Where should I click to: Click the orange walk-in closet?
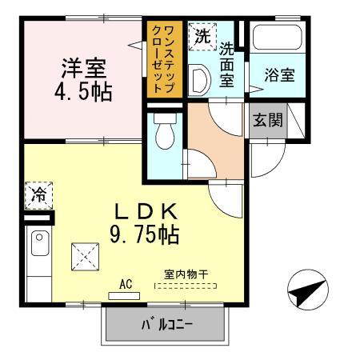pos(164,60)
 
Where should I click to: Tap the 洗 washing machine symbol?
pos(199,36)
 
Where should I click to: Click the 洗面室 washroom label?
pos(228,63)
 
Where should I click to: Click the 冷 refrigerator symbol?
pos(38,193)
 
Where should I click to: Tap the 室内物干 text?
pos(186,274)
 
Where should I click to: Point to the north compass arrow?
pos(306,292)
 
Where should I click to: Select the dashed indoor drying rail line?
pos(186,284)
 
